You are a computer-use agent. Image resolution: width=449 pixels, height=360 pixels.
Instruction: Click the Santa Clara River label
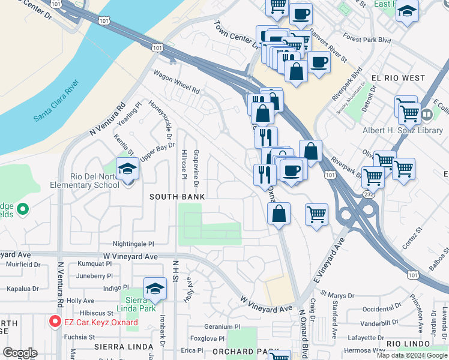(x=56, y=100)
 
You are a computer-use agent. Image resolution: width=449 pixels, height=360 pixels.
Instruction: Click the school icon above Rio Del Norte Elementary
(x=127, y=170)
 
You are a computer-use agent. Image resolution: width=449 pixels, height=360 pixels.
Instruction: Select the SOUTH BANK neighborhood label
(x=177, y=197)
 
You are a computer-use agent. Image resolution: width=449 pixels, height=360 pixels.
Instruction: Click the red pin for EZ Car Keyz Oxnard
(x=55, y=322)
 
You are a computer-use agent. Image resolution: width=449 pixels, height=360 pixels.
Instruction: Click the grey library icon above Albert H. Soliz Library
(x=427, y=114)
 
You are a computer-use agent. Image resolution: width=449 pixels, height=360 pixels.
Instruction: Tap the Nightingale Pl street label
(x=134, y=244)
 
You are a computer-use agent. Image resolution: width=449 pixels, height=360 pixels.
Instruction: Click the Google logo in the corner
(x=19, y=352)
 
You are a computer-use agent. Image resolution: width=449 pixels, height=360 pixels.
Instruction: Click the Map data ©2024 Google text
(x=412, y=355)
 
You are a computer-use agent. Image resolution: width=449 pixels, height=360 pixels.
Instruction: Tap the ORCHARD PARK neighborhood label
(x=237, y=352)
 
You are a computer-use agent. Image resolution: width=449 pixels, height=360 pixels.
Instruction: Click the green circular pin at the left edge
(x=23, y=209)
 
